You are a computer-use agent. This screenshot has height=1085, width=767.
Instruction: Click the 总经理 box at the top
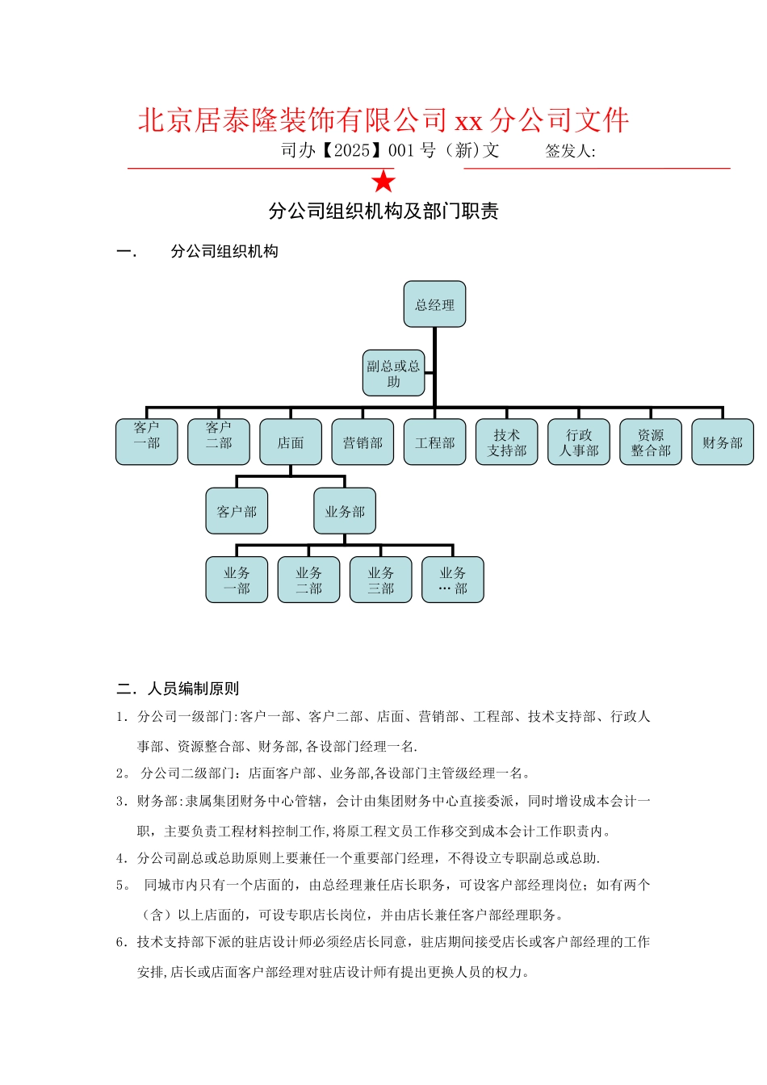pyautogui.click(x=434, y=304)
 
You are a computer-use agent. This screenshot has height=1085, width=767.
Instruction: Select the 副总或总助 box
pyautogui.click(x=393, y=373)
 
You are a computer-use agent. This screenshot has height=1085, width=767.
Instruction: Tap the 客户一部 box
pyautogui.click(x=146, y=442)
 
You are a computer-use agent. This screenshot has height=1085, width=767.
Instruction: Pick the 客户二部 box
pyautogui.click(x=218, y=442)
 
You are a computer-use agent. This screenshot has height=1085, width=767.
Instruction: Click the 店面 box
pyautogui.click(x=291, y=442)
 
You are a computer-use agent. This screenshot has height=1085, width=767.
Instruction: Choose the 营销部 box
pyautogui.click(x=363, y=442)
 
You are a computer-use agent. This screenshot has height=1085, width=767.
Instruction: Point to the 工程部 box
pyautogui.click(x=434, y=442)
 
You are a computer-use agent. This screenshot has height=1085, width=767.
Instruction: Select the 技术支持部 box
pyautogui.click(x=506, y=442)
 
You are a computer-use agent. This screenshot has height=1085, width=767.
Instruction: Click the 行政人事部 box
pyautogui.click(x=579, y=442)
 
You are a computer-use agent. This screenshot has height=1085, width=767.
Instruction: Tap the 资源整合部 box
pyautogui.click(x=651, y=442)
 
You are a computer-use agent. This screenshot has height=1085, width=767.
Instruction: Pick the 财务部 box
pyautogui.click(x=723, y=442)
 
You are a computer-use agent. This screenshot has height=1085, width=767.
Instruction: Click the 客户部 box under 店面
pyautogui.click(x=237, y=511)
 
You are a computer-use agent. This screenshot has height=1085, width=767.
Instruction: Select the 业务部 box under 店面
pyautogui.click(x=345, y=511)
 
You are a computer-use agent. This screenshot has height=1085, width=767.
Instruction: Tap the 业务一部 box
pyautogui.click(x=237, y=580)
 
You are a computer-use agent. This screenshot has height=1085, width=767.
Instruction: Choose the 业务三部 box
pyautogui.click(x=380, y=580)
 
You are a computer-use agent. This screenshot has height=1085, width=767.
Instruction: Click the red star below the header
pyautogui.click(x=383, y=181)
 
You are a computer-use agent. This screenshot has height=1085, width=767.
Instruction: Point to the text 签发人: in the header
pyautogui.click(x=570, y=151)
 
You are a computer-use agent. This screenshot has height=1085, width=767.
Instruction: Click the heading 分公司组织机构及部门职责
pyautogui.click(x=383, y=212)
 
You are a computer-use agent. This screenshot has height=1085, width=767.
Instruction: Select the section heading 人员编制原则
pyautogui.click(x=193, y=689)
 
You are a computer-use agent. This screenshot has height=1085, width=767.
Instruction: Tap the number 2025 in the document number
pyautogui.click(x=351, y=150)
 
